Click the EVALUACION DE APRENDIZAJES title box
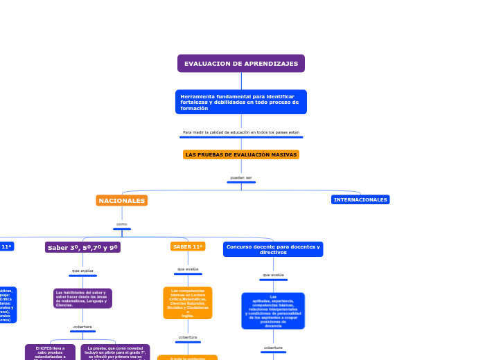[241, 64]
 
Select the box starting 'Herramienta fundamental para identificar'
[241, 102]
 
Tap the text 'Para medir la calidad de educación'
[241, 132]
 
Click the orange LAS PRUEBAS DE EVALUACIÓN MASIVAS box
[241, 154]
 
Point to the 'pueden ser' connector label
[241, 178]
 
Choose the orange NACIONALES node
[122, 201]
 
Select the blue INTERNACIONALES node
[360, 199]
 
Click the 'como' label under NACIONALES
[122, 224]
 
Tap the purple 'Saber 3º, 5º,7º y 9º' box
[82, 247]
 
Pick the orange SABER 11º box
[188, 246]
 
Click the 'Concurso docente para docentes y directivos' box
[273, 249]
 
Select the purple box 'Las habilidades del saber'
[82, 298]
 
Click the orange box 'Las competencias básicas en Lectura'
[188, 303]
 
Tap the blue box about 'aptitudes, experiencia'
[273, 311]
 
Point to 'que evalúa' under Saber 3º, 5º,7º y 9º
[82, 271]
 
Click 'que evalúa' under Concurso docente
[273, 275]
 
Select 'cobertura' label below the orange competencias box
[188, 337]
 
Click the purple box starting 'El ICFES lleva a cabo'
[50, 352]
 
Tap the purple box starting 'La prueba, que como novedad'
[115, 352]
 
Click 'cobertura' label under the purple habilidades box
[82, 327]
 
